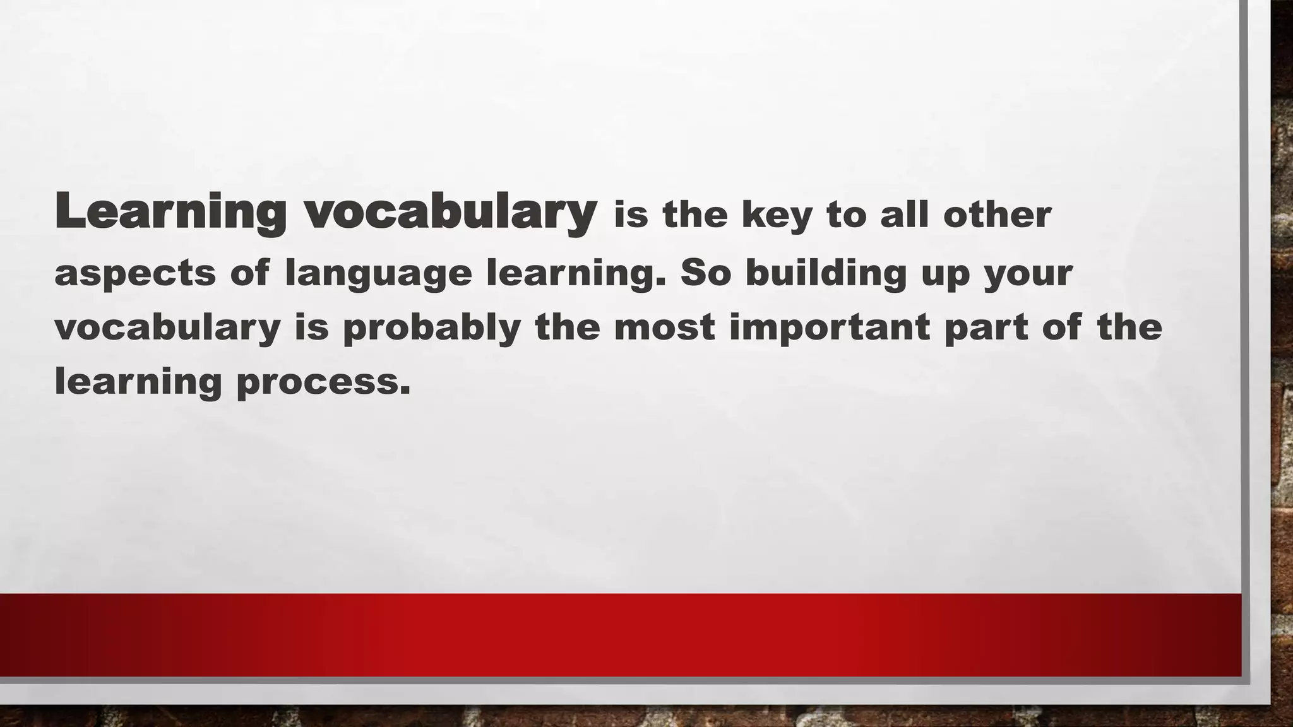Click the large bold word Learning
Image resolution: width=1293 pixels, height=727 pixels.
pyautogui.click(x=170, y=212)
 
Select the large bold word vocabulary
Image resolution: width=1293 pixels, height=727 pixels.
pyautogui.click(x=451, y=212)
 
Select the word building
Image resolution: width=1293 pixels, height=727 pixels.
pyautogui.click(x=826, y=273)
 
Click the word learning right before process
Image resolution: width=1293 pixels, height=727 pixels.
pyautogui.click(x=138, y=382)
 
